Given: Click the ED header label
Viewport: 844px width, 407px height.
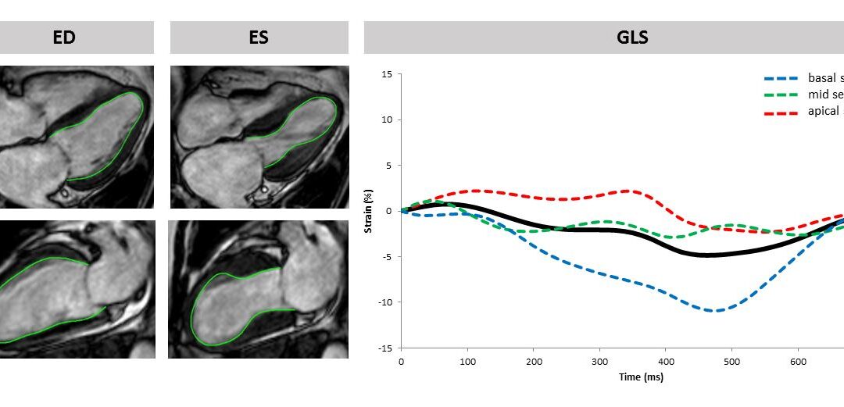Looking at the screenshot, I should (64, 37).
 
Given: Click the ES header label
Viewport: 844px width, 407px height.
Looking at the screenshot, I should (259, 37).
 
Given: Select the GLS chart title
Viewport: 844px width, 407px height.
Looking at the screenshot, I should (631, 37).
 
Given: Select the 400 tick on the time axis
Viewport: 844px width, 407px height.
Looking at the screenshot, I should (665, 362).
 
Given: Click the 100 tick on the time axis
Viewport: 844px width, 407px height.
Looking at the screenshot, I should (467, 362).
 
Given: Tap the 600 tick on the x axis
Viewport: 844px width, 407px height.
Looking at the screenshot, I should (797, 362).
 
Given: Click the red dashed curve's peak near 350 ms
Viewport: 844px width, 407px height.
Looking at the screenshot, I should (629, 191).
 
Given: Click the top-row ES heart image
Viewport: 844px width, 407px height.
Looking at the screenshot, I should (259, 137).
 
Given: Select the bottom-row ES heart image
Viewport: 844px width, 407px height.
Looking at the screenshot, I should (259, 289).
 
